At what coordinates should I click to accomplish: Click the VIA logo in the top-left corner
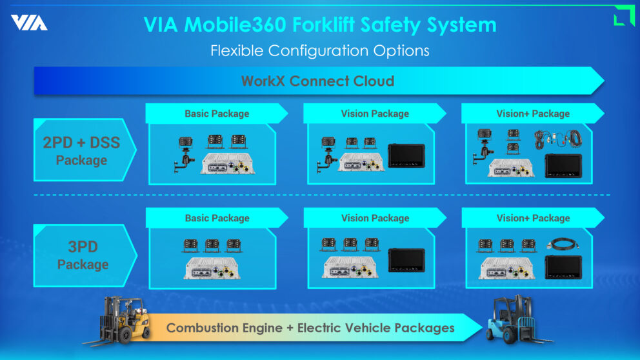tap(29, 23)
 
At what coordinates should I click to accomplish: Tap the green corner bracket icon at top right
tap(623, 15)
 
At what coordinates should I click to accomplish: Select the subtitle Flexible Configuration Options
tap(319, 50)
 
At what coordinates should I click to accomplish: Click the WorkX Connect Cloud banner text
tap(317, 81)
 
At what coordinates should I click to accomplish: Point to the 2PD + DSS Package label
tap(81, 150)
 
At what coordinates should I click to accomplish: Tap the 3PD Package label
tap(83, 255)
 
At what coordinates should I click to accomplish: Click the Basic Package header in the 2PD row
tap(217, 114)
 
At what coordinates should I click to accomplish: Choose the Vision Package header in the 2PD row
tap(375, 114)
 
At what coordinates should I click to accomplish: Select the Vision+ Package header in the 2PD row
tap(533, 114)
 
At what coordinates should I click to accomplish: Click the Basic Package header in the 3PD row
tap(217, 218)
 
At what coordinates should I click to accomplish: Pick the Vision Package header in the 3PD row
tap(375, 218)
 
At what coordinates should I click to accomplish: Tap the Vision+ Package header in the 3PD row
tap(533, 218)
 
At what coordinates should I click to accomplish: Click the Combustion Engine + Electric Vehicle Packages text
tap(310, 328)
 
